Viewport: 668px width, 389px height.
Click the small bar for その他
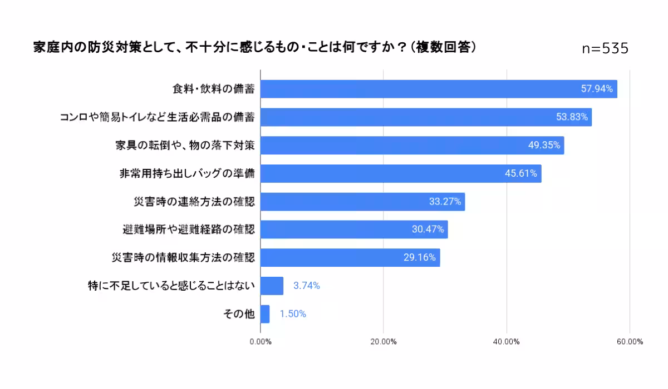point(265,314)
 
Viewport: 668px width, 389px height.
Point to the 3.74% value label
point(307,286)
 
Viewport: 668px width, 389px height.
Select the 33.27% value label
point(445,202)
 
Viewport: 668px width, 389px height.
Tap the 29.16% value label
point(420,258)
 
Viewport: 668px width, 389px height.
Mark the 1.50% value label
point(293,314)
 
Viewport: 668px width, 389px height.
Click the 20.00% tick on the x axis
point(383,342)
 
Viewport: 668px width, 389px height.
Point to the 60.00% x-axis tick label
point(630,342)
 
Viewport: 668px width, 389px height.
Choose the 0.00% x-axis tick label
point(261,342)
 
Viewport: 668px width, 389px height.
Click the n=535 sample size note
point(605,49)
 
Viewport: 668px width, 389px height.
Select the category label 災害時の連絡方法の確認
point(194,202)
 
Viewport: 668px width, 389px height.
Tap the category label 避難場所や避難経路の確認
point(188,230)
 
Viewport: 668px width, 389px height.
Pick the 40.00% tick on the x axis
point(507,342)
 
